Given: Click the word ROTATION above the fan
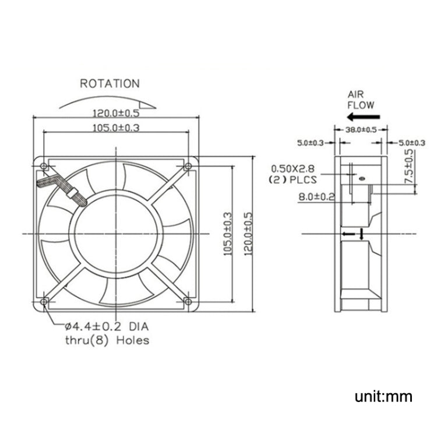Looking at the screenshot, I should [x=110, y=84].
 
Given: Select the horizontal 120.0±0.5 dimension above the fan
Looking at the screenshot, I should [x=117, y=113].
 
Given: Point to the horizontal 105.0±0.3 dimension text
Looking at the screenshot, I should [x=115, y=128].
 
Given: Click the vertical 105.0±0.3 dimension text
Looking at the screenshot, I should [x=228, y=233].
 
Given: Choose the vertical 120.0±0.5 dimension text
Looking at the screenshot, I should [x=248, y=233].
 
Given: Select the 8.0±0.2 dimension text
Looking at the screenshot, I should [x=316, y=197].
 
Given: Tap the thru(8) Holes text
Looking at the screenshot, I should [x=107, y=340].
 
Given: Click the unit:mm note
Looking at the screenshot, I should [x=383, y=397].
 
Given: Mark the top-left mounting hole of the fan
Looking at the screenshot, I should [x=44, y=167].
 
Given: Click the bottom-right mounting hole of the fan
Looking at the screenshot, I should [x=188, y=301].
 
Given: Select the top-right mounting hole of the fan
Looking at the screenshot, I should [x=188, y=167].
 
